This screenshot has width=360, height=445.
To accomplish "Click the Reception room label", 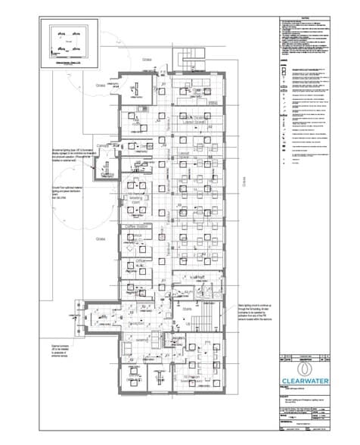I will (137, 323).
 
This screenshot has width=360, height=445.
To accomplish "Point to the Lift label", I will (186, 323).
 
